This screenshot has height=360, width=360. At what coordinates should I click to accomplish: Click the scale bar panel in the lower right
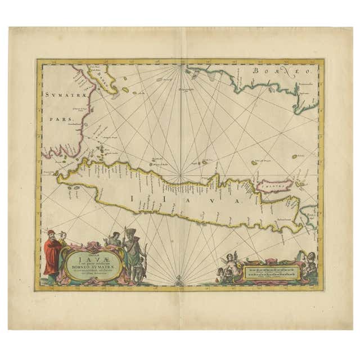(271, 273)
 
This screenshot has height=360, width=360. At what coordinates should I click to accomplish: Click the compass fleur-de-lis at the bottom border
(179, 280)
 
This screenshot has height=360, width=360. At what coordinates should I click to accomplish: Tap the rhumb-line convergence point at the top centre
(180, 67)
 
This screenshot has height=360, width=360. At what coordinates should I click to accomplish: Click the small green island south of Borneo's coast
(294, 156)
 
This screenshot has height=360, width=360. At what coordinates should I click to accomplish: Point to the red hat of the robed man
(51, 232)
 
